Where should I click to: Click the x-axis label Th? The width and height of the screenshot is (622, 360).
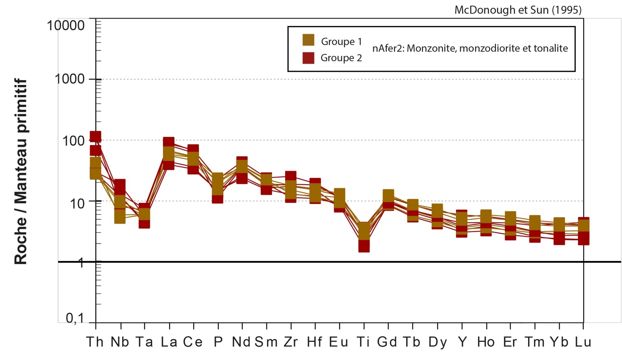(x=95, y=342)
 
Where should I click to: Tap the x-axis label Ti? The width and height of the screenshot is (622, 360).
(x=363, y=342)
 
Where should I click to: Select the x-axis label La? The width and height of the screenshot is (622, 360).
(x=169, y=342)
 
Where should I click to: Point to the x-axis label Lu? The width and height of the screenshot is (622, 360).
(x=583, y=342)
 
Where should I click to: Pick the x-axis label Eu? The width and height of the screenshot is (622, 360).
(x=339, y=342)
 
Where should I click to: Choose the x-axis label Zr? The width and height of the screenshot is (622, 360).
(x=291, y=342)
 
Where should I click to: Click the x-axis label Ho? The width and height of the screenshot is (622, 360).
(x=486, y=342)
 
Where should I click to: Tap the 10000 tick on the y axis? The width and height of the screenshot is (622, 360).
(x=66, y=26)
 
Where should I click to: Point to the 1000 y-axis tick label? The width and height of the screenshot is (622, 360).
(x=70, y=79)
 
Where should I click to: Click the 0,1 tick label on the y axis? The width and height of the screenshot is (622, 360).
(x=75, y=318)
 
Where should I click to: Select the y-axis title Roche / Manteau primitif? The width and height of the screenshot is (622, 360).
(x=21, y=171)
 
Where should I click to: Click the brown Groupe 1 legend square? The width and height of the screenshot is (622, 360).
(x=308, y=40)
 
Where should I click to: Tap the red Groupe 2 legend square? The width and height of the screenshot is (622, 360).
(x=308, y=58)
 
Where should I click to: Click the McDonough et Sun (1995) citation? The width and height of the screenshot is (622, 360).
(x=518, y=10)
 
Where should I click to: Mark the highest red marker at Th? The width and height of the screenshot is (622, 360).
(x=95, y=136)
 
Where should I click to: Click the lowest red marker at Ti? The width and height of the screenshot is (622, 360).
(x=364, y=246)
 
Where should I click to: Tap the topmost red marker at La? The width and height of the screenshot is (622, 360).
(x=169, y=142)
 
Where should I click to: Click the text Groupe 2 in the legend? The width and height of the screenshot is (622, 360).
(x=341, y=58)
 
